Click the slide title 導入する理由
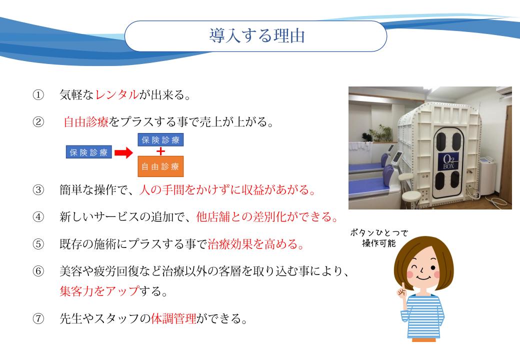pos(256,36)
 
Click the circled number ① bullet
pos(38,95)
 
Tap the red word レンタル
pos(117,95)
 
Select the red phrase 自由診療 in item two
pos(86,122)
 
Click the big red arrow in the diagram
pos(123,153)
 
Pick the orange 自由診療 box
pos(160,166)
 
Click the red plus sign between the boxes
pos(160,151)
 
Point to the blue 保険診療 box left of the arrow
pos(89,152)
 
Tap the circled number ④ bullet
pos(38,217)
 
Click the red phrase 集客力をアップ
pos(99,291)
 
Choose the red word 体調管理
pos(173,318)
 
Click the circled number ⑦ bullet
pos(38,319)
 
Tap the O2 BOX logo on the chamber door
pos(448,162)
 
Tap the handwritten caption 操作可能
pos(378,243)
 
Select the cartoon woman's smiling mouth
pos(423,277)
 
